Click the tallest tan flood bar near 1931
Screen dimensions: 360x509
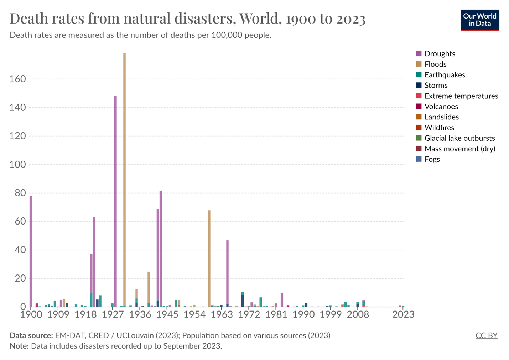(124, 178)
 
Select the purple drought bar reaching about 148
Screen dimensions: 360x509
(115, 200)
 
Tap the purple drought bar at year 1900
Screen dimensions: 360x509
(31, 250)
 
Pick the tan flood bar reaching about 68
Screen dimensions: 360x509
(209, 257)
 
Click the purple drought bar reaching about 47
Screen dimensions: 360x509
(227, 271)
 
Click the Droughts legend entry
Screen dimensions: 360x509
(440, 53)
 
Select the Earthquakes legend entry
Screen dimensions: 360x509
(445, 75)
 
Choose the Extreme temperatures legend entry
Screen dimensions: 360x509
(461, 96)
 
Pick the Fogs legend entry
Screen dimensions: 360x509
(432, 159)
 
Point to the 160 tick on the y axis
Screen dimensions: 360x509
(18, 79)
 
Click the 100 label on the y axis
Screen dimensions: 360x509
(18, 164)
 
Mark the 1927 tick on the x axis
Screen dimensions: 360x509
(113, 314)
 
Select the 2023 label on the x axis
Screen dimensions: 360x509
(403, 314)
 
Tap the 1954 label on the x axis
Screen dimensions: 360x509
(194, 314)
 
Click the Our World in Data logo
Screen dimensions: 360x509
(479, 20)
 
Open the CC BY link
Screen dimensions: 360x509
(486, 335)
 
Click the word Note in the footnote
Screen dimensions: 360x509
(19, 346)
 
